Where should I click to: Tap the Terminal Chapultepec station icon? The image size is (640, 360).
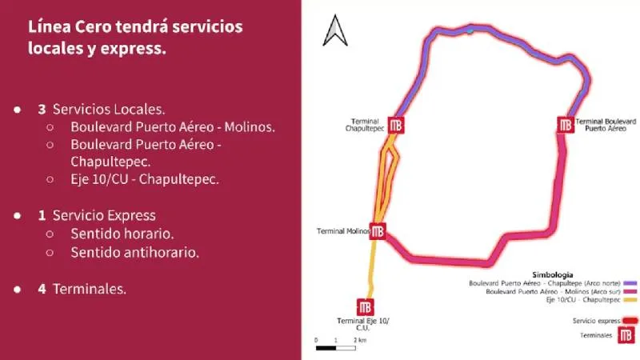pyautogui.click(x=396, y=125)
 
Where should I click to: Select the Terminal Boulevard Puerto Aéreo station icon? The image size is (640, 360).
pyautogui.click(x=566, y=125)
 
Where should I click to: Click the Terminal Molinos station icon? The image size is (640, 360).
pyautogui.click(x=378, y=231)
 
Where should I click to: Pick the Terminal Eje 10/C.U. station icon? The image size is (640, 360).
pyautogui.click(x=366, y=306)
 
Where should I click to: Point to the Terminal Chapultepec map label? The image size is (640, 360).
pyautogui.click(x=362, y=125)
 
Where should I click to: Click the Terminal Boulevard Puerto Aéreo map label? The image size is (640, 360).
pyautogui.click(x=606, y=124)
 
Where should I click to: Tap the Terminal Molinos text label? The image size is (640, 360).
pyautogui.click(x=343, y=231)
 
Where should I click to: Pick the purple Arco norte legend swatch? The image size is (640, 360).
pyautogui.click(x=629, y=283)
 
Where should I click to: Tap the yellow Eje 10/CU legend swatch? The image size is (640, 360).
pyautogui.click(x=629, y=300)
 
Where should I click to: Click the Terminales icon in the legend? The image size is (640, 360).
pyautogui.click(x=627, y=336)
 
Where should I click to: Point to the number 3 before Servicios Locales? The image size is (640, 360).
pyautogui.click(x=42, y=108)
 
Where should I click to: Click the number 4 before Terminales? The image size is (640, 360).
pyautogui.click(x=42, y=289)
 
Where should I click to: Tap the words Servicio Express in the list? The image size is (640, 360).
pyautogui.click(x=104, y=215)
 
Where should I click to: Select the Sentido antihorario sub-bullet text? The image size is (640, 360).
pyautogui.click(x=134, y=252)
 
